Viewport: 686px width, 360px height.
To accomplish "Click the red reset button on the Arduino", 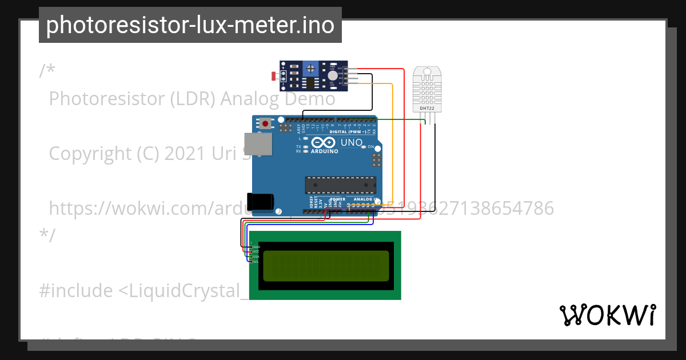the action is [265, 123].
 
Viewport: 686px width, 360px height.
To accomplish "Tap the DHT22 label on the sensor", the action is [426, 107].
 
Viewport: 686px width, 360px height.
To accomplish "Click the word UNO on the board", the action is [352, 142].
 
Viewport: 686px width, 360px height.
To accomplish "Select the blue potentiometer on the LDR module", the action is [310, 69].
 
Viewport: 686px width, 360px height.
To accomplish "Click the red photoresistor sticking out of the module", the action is [274, 75].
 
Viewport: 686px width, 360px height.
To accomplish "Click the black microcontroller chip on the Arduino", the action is [340, 185].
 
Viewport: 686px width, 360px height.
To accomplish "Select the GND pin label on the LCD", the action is [256, 247].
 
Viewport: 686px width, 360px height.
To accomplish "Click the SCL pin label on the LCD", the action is [256, 262].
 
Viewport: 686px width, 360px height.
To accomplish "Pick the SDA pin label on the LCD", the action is [256, 257].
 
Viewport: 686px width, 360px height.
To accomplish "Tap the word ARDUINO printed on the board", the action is [325, 151].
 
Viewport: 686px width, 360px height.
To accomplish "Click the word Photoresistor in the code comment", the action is [109, 99].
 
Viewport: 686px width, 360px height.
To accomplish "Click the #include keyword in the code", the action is [76, 291].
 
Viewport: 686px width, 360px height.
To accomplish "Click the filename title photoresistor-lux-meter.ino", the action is [190, 25].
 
